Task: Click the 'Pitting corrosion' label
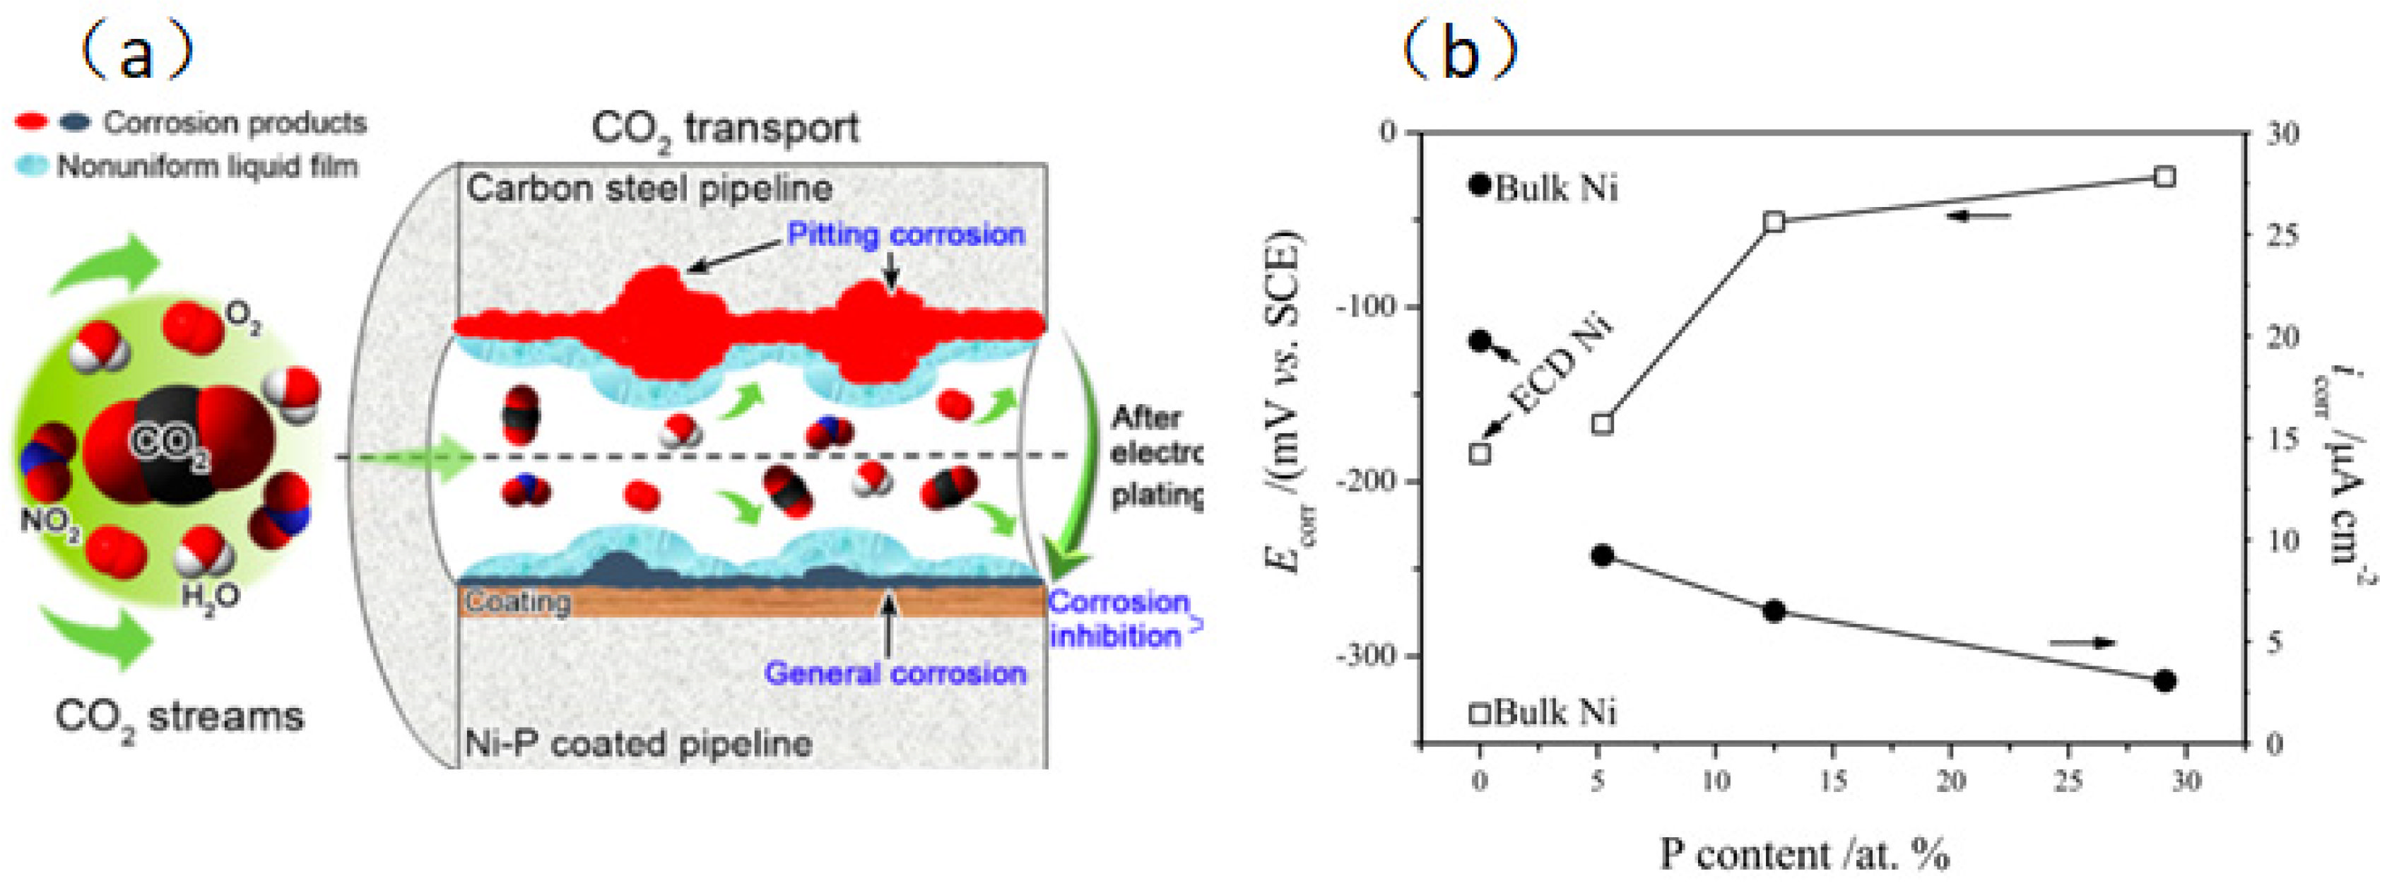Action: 905,235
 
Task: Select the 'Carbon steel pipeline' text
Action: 649,189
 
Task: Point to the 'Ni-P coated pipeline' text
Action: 637,743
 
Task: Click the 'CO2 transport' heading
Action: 724,129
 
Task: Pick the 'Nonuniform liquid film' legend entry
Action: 206,167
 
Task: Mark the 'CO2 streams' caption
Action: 179,717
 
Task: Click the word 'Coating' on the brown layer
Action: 517,601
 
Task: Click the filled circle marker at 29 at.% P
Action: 2164,681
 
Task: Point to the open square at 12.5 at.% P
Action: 1774,222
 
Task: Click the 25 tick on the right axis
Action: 2282,235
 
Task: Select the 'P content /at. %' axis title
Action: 1804,853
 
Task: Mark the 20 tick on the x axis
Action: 1950,781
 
